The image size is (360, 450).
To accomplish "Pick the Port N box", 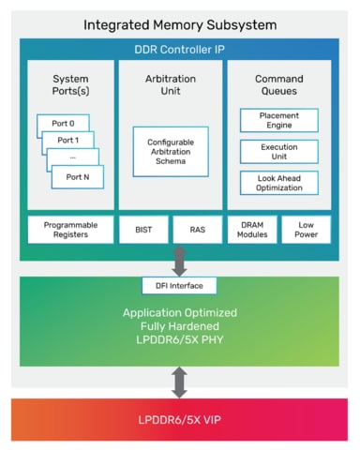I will point(77,175).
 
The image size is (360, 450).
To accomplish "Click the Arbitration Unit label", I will point(170,86).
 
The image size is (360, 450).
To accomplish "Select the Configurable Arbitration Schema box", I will point(170,153).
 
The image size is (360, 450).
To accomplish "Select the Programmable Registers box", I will point(67,230).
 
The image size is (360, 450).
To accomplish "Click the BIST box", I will point(143,230).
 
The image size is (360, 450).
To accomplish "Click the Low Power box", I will point(306,230).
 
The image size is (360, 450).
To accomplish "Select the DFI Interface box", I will point(179,285).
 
